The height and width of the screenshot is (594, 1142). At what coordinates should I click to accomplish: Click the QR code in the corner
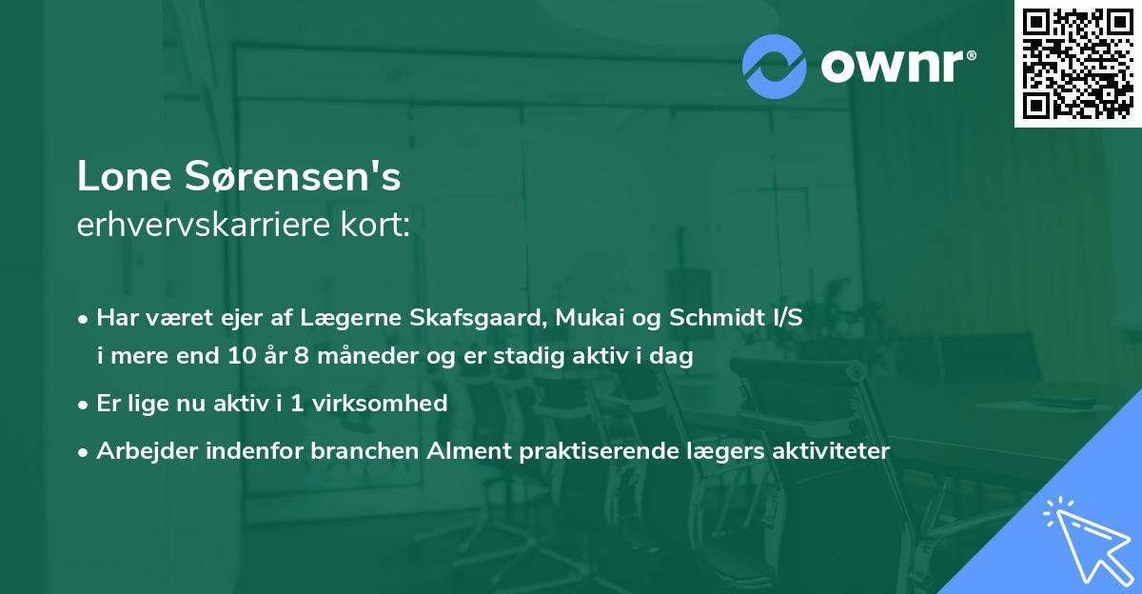coord(1077,63)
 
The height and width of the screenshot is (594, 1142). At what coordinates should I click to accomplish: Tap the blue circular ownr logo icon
coord(775,66)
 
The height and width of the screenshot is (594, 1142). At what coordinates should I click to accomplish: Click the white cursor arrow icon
coord(1083,541)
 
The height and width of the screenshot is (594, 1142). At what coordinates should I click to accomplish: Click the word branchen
coord(363,450)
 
